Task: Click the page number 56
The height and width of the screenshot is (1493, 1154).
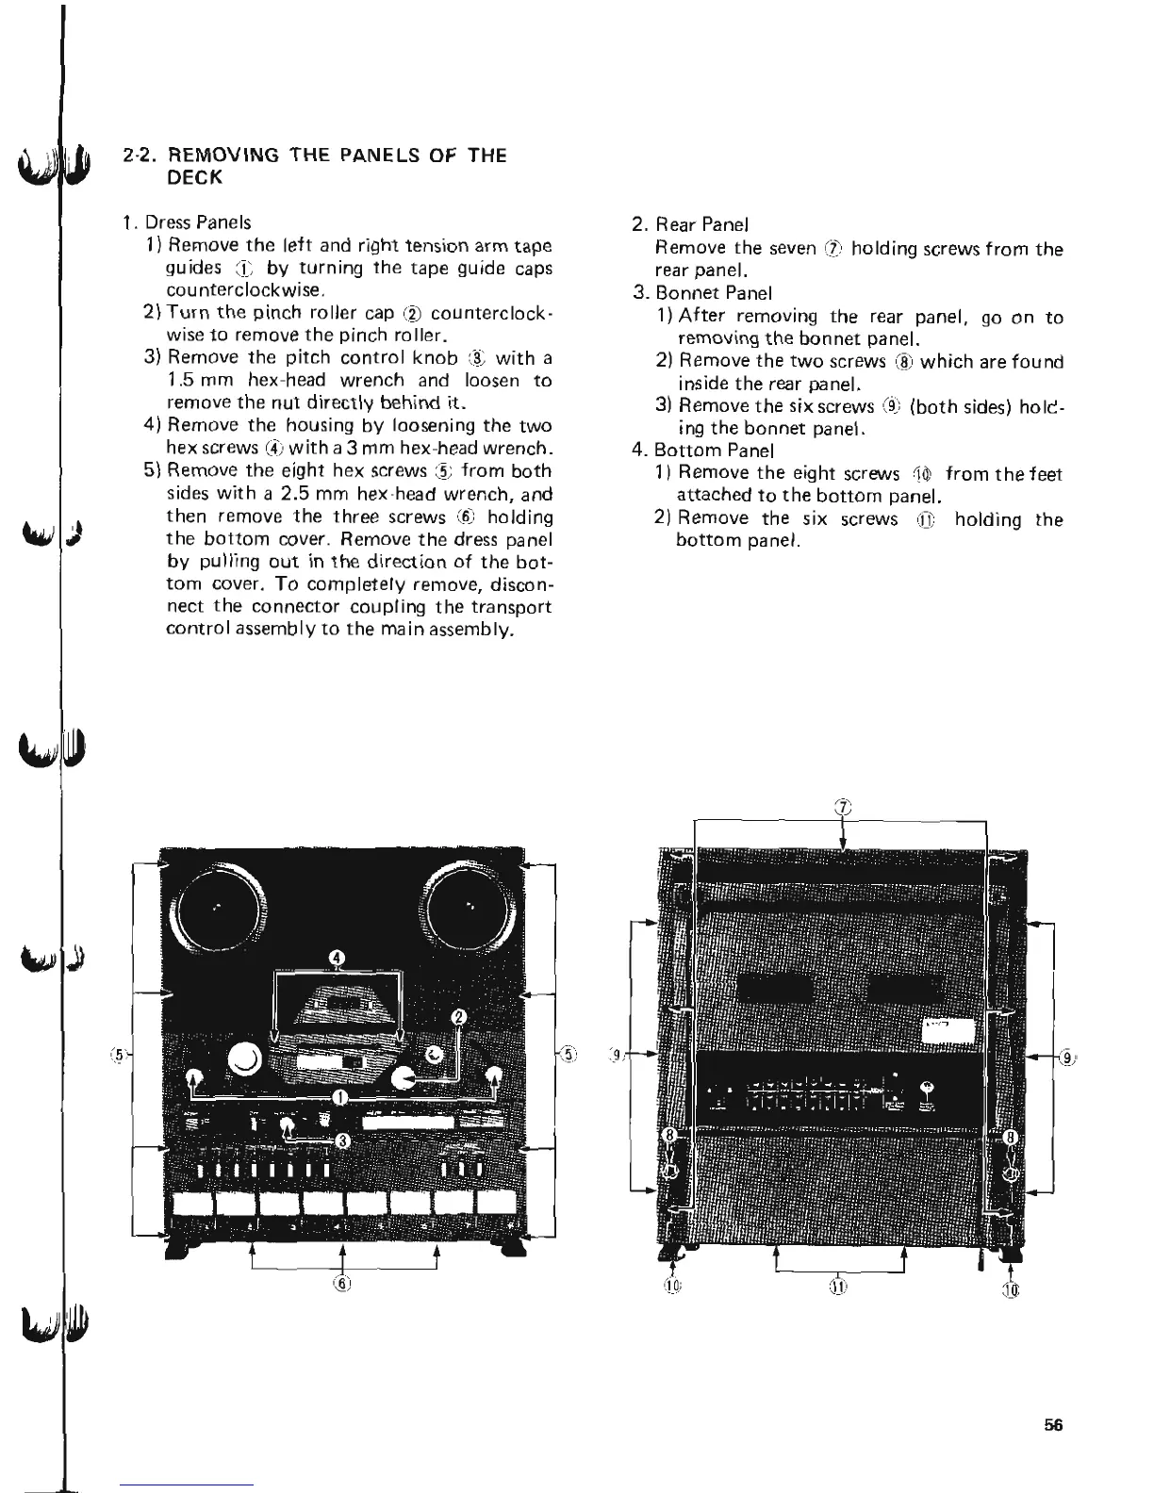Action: (x=1053, y=1425)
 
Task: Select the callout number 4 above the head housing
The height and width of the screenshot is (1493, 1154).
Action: (x=338, y=960)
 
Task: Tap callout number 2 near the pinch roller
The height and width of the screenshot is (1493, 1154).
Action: (x=459, y=1016)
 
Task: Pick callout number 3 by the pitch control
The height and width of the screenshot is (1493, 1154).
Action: (x=344, y=1141)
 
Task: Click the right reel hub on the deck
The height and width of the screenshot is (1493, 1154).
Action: (x=471, y=908)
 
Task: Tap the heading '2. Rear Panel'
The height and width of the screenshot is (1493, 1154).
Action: (x=690, y=225)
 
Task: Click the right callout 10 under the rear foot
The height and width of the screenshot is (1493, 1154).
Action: (x=1013, y=1290)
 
